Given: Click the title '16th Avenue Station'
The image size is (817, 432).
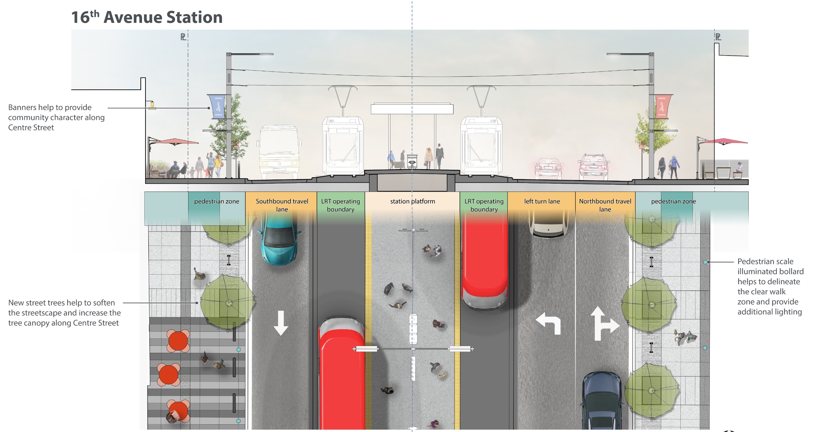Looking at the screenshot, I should [147, 17].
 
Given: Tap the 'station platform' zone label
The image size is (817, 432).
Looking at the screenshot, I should [412, 201].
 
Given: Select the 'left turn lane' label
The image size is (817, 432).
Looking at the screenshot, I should [542, 201].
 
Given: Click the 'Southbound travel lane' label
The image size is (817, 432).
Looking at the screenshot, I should [282, 205].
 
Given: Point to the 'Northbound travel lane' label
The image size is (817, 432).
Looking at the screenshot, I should [605, 205].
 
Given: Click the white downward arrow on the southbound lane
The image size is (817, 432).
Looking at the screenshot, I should [281, 323].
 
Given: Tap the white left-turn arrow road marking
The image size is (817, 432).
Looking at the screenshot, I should [549, 323].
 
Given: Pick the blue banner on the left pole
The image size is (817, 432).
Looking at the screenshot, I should [217, 107].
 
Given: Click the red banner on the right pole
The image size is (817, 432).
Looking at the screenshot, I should [663, 107].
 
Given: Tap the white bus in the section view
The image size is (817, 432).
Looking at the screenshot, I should [279, 152].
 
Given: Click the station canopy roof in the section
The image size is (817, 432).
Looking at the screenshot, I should [412, 109].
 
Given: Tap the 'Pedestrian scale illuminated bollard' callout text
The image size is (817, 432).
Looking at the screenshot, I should [770, 286].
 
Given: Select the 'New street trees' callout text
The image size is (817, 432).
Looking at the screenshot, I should [64, 313].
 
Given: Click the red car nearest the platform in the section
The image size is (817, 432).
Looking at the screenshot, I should [548, 168].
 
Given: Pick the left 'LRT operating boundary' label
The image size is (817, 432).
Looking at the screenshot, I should [341, 205].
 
